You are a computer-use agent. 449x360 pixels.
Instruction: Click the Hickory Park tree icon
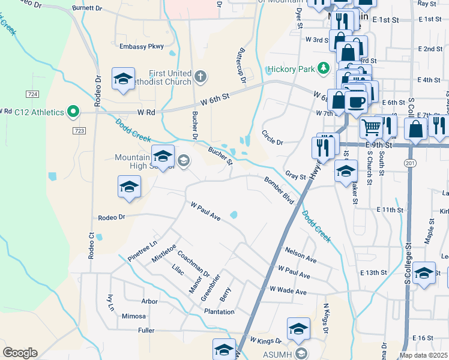click(324, 68)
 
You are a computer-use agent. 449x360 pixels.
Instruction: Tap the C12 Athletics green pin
click(73, 111)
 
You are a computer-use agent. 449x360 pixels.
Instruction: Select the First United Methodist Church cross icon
click(200, 77)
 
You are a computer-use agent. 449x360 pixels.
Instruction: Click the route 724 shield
click(33, 94)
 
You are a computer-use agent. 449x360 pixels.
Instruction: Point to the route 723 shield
click(79, 130)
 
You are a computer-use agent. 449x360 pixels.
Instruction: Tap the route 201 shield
click(411, 163)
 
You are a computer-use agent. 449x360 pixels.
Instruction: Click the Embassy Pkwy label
click(141, 46)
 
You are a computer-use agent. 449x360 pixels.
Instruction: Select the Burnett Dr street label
click(88, 8)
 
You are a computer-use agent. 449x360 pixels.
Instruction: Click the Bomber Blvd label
click(279, 190)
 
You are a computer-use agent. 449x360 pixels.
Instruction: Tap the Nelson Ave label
click(301, 254)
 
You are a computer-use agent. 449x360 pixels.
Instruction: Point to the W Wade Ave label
click(288, 291)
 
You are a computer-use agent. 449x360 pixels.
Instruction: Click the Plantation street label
click(218, 311)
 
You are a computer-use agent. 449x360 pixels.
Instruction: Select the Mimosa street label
click(133, 316)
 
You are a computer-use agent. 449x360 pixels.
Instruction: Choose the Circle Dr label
click(272, 137)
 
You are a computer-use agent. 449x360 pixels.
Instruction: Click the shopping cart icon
click(372, 127)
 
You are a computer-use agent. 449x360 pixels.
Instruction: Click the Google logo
click(20, 353)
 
